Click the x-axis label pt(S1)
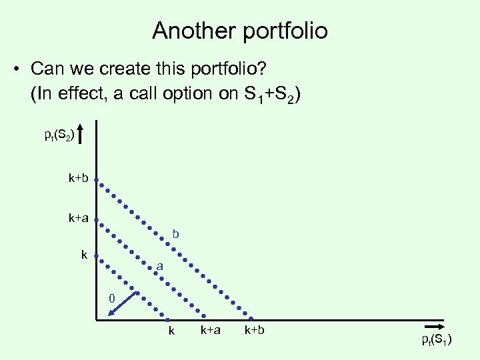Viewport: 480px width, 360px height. click(437, 340)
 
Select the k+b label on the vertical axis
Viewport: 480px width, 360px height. click(78, 179)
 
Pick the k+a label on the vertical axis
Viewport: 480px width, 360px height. click(78, 217)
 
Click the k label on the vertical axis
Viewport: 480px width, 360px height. click(84, 255)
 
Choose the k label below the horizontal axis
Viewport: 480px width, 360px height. click(171, 331)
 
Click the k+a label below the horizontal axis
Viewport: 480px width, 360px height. click(211, 330)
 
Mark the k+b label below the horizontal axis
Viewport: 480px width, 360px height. click(254, 330)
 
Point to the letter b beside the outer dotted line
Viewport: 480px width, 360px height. click(176, 234)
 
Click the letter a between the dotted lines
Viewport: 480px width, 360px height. click(160, 267)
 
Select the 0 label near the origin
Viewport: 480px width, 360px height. click(113, 297)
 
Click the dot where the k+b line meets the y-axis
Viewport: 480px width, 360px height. click(96, 179)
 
